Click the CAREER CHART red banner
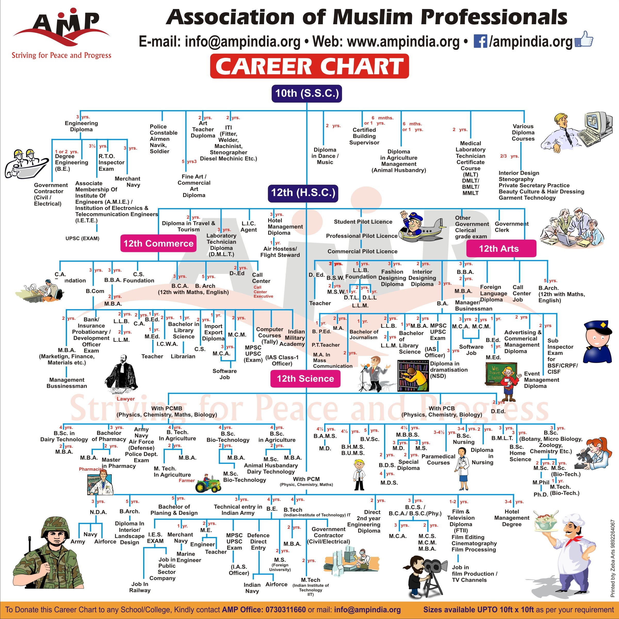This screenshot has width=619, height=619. click(309, 66)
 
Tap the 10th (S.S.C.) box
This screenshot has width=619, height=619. click(307, 93)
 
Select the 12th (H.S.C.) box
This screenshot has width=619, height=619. click(303, 193)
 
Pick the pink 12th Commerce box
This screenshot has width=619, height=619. click(158, 243)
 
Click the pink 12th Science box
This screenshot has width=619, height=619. click(305, 378)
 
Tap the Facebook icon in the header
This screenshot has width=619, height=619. click(480, 42)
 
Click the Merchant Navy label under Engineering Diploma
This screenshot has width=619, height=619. click(127, 182)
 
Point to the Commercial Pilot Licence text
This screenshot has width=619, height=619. click(362, 251)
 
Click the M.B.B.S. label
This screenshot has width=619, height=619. click(407, 435)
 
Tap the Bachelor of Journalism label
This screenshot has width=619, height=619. click(364, 335)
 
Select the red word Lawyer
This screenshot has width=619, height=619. click(126, 399)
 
